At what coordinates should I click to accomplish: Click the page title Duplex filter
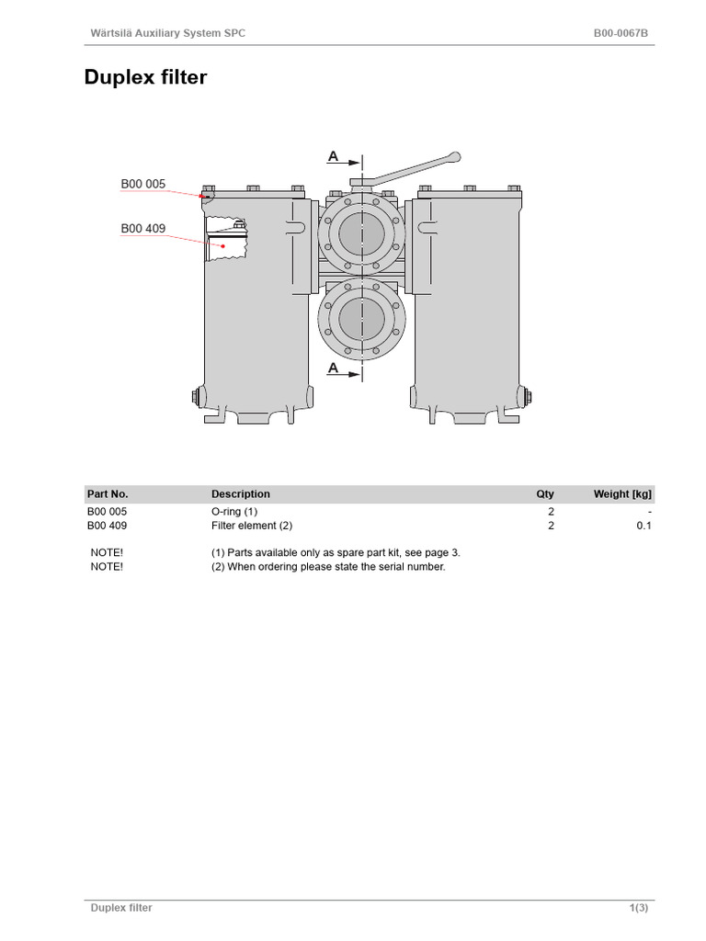click(145, 77)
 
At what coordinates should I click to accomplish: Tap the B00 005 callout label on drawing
click(142, 184)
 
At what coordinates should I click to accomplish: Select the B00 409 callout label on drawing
click(142, 228)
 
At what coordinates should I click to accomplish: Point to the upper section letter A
click(333, 157)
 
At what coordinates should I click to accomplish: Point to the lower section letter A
click(333, 368)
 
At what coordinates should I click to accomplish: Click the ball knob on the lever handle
click(451, 157)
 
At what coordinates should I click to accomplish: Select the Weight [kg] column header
click(622, 493)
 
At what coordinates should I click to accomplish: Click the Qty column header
click(545, 493)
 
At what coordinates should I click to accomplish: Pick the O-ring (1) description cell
click(234, 511)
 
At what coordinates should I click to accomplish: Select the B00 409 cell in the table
click(108, 526)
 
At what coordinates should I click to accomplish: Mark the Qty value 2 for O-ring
click(551, 511)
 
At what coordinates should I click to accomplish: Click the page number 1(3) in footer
click(640, 908)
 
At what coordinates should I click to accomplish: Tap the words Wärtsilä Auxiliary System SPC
click(167, 34)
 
